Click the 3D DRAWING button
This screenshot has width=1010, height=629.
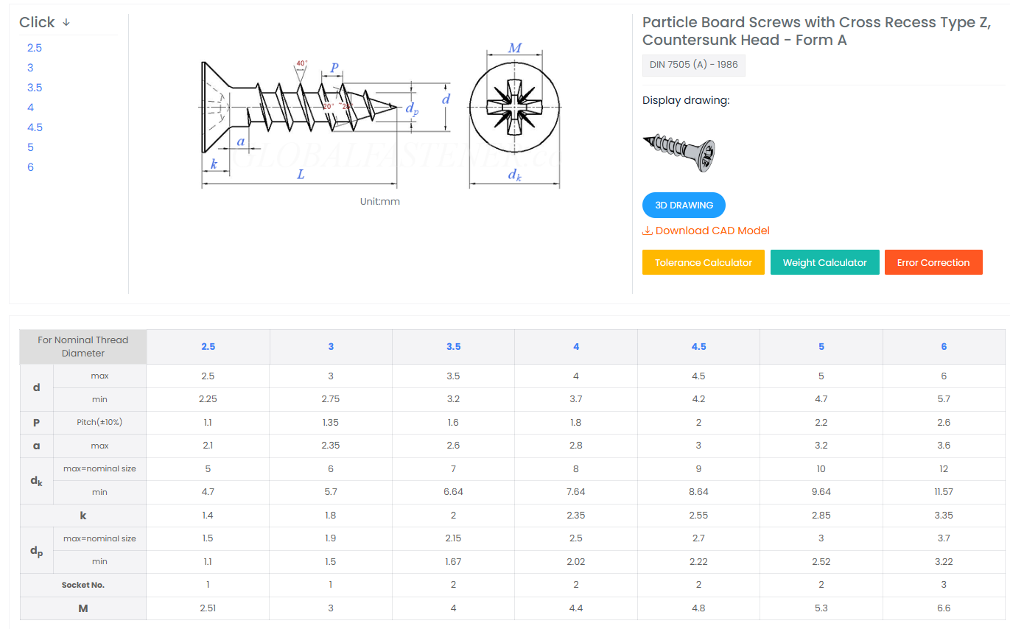[684, 205]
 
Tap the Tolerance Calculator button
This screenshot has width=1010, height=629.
[703, 262]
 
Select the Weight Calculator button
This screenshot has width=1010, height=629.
[824, 262]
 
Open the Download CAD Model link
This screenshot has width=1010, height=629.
[706, 231]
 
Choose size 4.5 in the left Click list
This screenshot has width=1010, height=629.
[35, 127]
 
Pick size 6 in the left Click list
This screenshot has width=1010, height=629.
[30, 167]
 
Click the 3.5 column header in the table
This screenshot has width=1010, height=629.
[453, 346]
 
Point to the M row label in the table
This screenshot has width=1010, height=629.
[83, 608]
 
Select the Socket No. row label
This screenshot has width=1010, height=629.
[83, 585]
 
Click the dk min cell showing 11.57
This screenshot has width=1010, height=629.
[943, 492]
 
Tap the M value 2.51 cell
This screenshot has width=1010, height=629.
[208, 608]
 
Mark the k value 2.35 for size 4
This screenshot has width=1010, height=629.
[576, 516]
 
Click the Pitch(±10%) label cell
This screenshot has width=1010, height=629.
[99, 423]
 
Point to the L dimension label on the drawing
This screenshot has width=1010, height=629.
[301, 175]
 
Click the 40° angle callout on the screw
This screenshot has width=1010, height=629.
[301, 63]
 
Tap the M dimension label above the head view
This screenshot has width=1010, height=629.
[514, 48]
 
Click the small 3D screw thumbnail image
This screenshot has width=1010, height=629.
[679, 152]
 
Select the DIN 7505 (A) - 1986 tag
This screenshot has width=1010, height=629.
[693, 65]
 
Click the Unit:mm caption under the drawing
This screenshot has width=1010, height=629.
[379, 202]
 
